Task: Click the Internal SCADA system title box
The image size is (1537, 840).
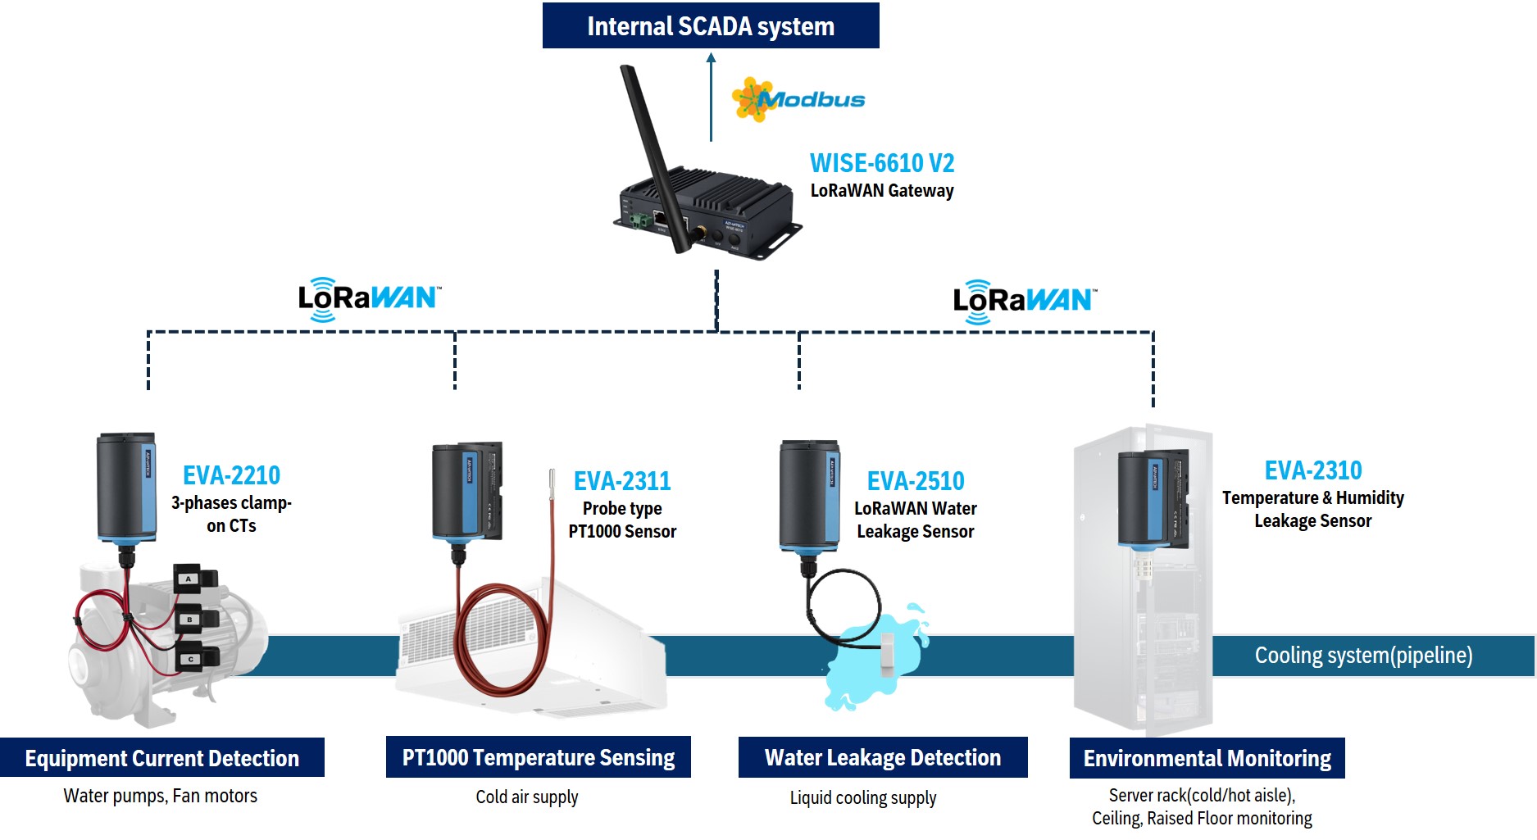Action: click(x=710, y=26)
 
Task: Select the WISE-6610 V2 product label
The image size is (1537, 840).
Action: click(x=881, y=163)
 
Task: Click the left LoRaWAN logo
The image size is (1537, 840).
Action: click(x=368, y=298)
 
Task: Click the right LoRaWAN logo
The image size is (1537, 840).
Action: click(x=1023, y=301)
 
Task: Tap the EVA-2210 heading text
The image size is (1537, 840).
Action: click(x=231, y=475)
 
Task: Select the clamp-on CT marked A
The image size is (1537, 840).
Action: click(x=198, y=579)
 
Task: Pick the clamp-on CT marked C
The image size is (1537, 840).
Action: click(x=198, y=657)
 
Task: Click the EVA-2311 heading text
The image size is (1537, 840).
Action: click(x=622, y=481)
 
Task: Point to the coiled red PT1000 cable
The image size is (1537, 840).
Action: click(x=500, y=639)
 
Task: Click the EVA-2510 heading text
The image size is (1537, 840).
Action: click(x=916, y=481)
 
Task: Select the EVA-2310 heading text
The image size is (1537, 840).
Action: click(x=1312, y=470)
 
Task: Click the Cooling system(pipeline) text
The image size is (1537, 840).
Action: click(x=1363, y=656)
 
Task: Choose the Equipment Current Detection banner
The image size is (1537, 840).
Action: click(x=162, y=758)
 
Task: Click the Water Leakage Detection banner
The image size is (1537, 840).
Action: click(x=883, y=757)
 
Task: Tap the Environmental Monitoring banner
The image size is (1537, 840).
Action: click(x=1207, y=758)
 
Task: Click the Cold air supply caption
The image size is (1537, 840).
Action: click(x=527, y=797)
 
